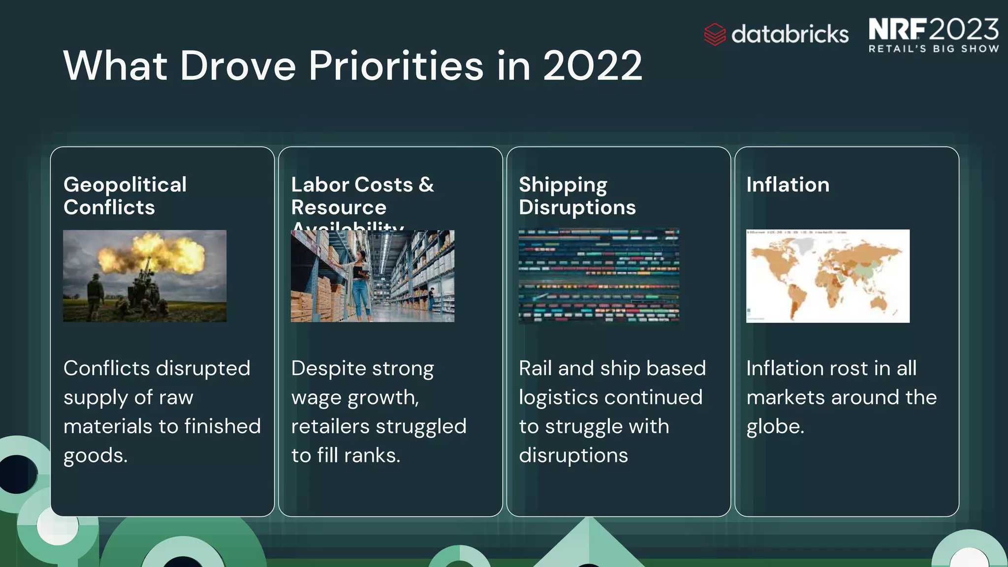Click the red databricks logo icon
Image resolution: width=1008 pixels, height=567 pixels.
(x=715, y=34)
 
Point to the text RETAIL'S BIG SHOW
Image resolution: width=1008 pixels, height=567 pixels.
(x=934, y=49)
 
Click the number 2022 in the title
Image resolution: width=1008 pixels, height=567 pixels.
(x=593, y=66)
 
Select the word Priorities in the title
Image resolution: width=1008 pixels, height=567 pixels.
(x=396, y=66)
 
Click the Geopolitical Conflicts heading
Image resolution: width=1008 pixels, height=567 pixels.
(x=125, y=196)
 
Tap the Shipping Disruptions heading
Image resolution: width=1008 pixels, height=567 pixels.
(x=577, y=196)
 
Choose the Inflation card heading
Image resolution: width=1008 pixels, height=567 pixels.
(x=787, y=185)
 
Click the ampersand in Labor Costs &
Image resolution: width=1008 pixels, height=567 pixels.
(x=426, y=185)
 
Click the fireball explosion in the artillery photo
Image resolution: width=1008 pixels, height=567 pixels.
(x=153, y=253)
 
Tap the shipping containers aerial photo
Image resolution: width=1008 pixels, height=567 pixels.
(x=598, y=276)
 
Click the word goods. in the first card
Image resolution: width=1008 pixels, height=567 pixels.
(x=95, y=456)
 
